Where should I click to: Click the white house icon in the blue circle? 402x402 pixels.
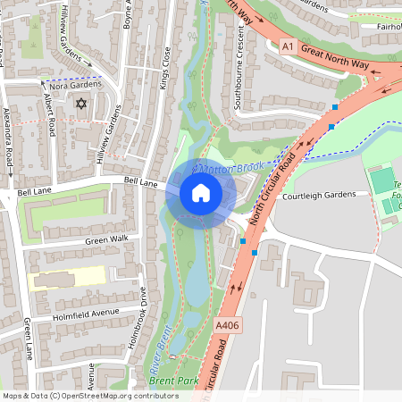click(x=201, y=192)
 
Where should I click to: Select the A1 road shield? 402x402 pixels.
click(x=288, y=46)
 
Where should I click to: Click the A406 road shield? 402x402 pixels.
click(x=228, y=328)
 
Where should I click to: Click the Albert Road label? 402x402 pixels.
click(x=50, y=116)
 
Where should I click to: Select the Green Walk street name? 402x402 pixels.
click(x=106, y=239)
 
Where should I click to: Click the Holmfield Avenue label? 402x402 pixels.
click(x=87, y=313)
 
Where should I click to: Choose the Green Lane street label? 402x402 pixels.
click(x=29, y=339)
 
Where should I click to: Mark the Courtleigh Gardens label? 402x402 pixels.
click(x=319, y=197)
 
